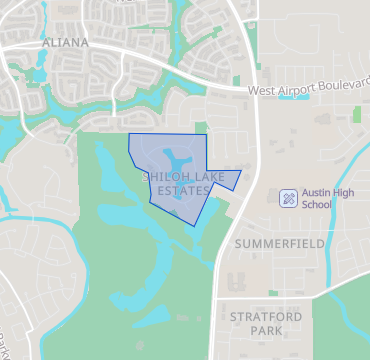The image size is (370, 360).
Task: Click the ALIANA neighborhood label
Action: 66,43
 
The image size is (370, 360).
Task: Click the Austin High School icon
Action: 287,198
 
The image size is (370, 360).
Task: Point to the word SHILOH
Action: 162,177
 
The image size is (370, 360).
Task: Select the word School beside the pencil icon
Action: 315,205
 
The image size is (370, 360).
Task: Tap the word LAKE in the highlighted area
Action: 201,177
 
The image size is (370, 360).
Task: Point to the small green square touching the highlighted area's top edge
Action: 200,127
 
